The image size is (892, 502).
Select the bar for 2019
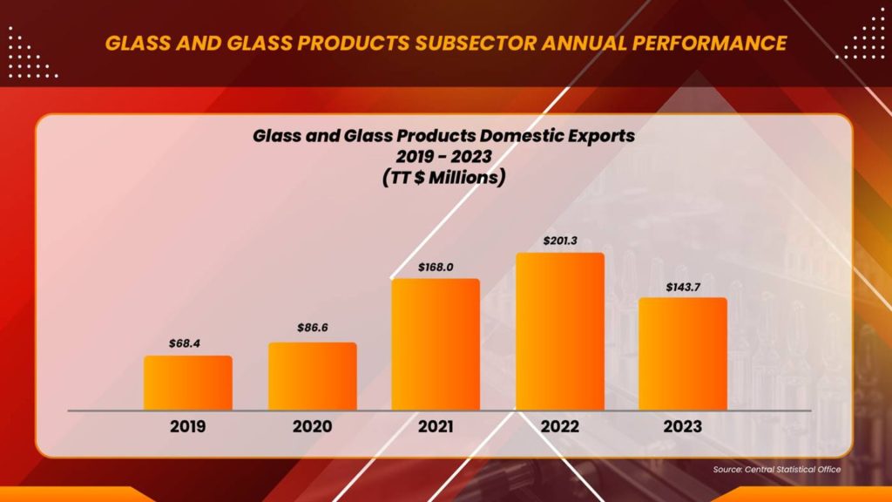point(188,383)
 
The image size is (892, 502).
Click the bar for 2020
point(312,376)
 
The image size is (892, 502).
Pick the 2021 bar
point(436,344)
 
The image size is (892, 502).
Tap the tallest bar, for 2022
point(559,331)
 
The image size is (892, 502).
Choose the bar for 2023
point(683,354)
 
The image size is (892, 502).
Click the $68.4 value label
point(186,343)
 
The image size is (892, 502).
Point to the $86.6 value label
point(311,329)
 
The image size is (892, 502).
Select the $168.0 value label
point(435,266)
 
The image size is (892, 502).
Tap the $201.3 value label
point(559,240)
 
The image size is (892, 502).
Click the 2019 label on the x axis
point(188,427)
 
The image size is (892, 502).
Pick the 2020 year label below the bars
point(312,427)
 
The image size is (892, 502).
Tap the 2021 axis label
point(435,427)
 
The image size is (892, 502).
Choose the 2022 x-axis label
point(559,427)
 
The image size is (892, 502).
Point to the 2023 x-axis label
point(682,427)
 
